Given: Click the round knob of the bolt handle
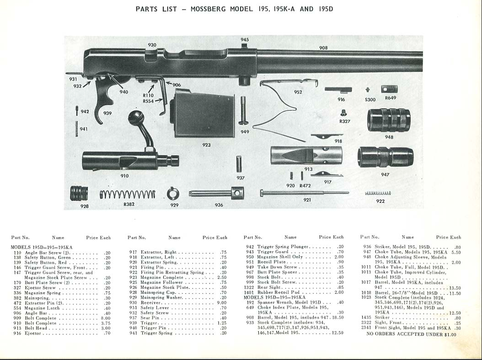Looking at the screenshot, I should pyautogui.click(x=136, y=116).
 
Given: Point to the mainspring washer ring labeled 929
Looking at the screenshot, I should pyautogui.click(x=173, y=194).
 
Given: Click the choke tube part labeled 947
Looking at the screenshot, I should pyautogui.click(x=385, y=157).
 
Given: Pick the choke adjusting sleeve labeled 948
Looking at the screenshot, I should pyautogui.click(x=389, y=120).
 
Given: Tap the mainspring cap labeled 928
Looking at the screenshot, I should pyautogui.click(x=79, y=193).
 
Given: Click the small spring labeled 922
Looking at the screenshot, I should pyautogui.click(x=378, y=193).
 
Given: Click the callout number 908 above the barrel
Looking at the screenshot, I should pyautogui.click(x=323, y=48).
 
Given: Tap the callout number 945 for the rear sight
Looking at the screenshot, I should pyautogui.click(x=245, y=40).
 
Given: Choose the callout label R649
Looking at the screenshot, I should pyautogui.click(x=391, y=98).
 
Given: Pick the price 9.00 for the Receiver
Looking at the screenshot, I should pyautogui.click(x=221, y=302).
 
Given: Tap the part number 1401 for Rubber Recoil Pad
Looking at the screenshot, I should pyautogui.click(x=249, y=292).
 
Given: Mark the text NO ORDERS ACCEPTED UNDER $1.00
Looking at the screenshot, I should pyautogui.click(x=412, y=334).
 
